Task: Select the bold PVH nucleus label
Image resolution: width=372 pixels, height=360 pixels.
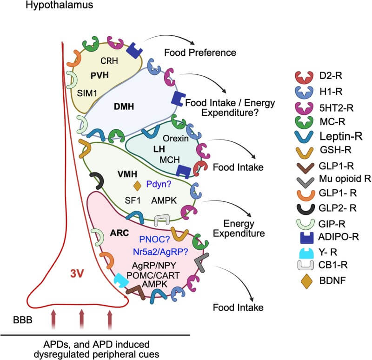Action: click(96, 74)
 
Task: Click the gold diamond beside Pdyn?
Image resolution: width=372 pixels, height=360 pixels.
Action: click(137, 186)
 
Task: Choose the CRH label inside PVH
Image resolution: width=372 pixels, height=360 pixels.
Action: click(108, 60)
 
